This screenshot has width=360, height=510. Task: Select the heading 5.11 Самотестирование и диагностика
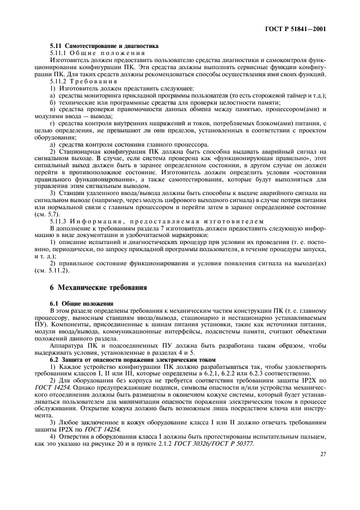tap(104, 46)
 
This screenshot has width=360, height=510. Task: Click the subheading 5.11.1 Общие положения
tap(97, 53)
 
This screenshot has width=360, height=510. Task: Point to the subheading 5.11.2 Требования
tap(83, 80)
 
